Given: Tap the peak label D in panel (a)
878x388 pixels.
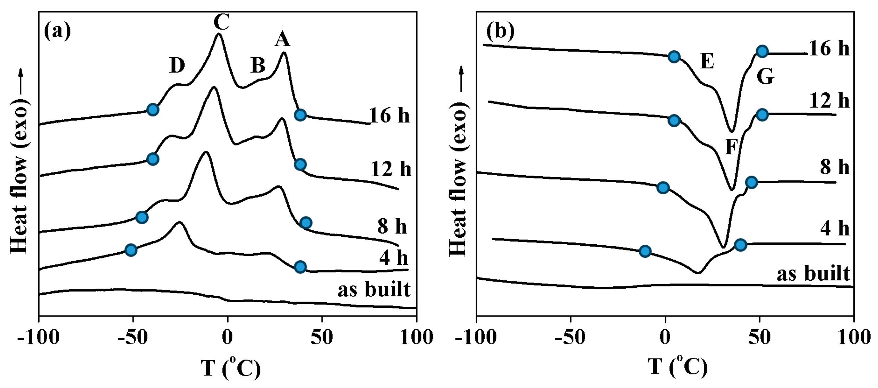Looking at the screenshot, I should coord(177,65).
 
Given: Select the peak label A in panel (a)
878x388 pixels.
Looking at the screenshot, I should coord(282,39).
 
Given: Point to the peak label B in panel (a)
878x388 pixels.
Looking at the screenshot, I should coord(258,65).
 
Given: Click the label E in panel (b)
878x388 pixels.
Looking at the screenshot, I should coord(707,61).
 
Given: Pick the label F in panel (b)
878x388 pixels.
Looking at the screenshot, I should coord(731,147).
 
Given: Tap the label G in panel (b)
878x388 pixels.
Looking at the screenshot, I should coord(765,77).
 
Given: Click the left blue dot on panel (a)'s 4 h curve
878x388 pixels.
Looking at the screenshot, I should coord(131,250).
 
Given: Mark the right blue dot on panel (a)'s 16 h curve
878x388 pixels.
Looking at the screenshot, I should coord(300,115).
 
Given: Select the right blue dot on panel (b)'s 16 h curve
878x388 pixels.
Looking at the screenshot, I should coord(762,52).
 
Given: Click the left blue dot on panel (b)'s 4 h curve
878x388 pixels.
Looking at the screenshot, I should coord(645,251).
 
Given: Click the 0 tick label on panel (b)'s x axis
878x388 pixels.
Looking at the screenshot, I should coord(665,337).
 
